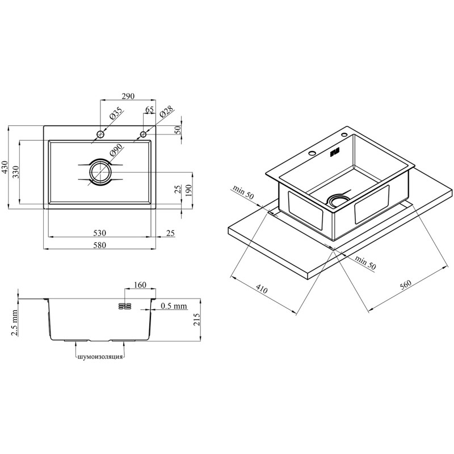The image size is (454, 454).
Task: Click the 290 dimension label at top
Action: tap(128, 96)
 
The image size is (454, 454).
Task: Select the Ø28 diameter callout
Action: tap(166, 111)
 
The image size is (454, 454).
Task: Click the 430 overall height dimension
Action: tap(5, 167)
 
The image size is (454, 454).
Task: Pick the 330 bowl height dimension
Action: tap(16, 172)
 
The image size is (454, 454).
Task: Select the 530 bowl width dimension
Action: tap(99, 233)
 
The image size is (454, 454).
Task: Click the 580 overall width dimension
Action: tap(99, 245)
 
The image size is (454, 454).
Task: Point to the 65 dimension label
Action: tap(149, 110)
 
